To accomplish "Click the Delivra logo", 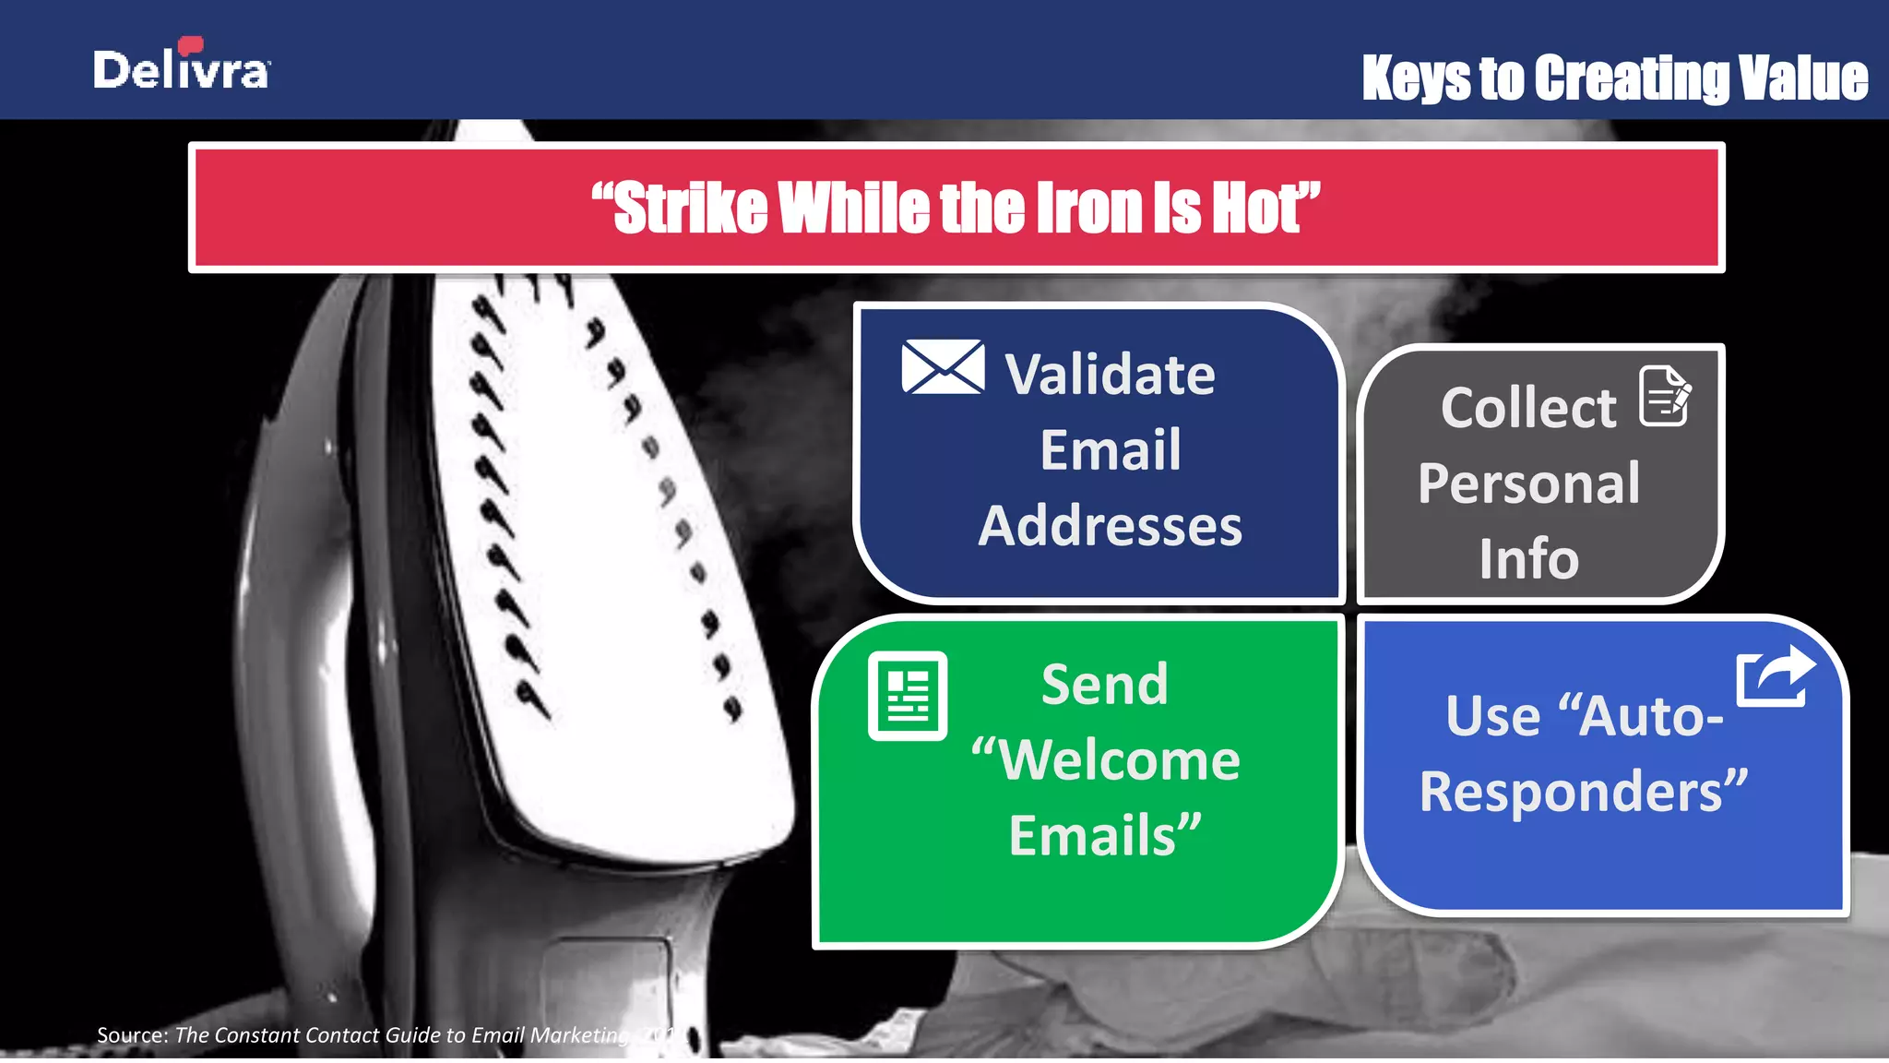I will [x=182, y=66].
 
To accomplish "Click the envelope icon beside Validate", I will [x=943, y=367].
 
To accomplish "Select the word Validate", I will [x=1111, y=375].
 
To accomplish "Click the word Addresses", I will [x=1110, y=526].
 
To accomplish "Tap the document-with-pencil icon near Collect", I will [x=1665, y=396].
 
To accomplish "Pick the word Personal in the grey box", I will [x=1528, y=484].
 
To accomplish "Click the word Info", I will [x=1528, y=559].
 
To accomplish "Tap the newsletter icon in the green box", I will [x=908, y=696].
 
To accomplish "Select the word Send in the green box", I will [x=1104, y=685].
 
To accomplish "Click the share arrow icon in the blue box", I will [x=1775, y=675].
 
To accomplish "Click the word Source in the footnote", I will [x=132, y=1035].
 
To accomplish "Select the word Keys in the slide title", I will [x=1416, y=78].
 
